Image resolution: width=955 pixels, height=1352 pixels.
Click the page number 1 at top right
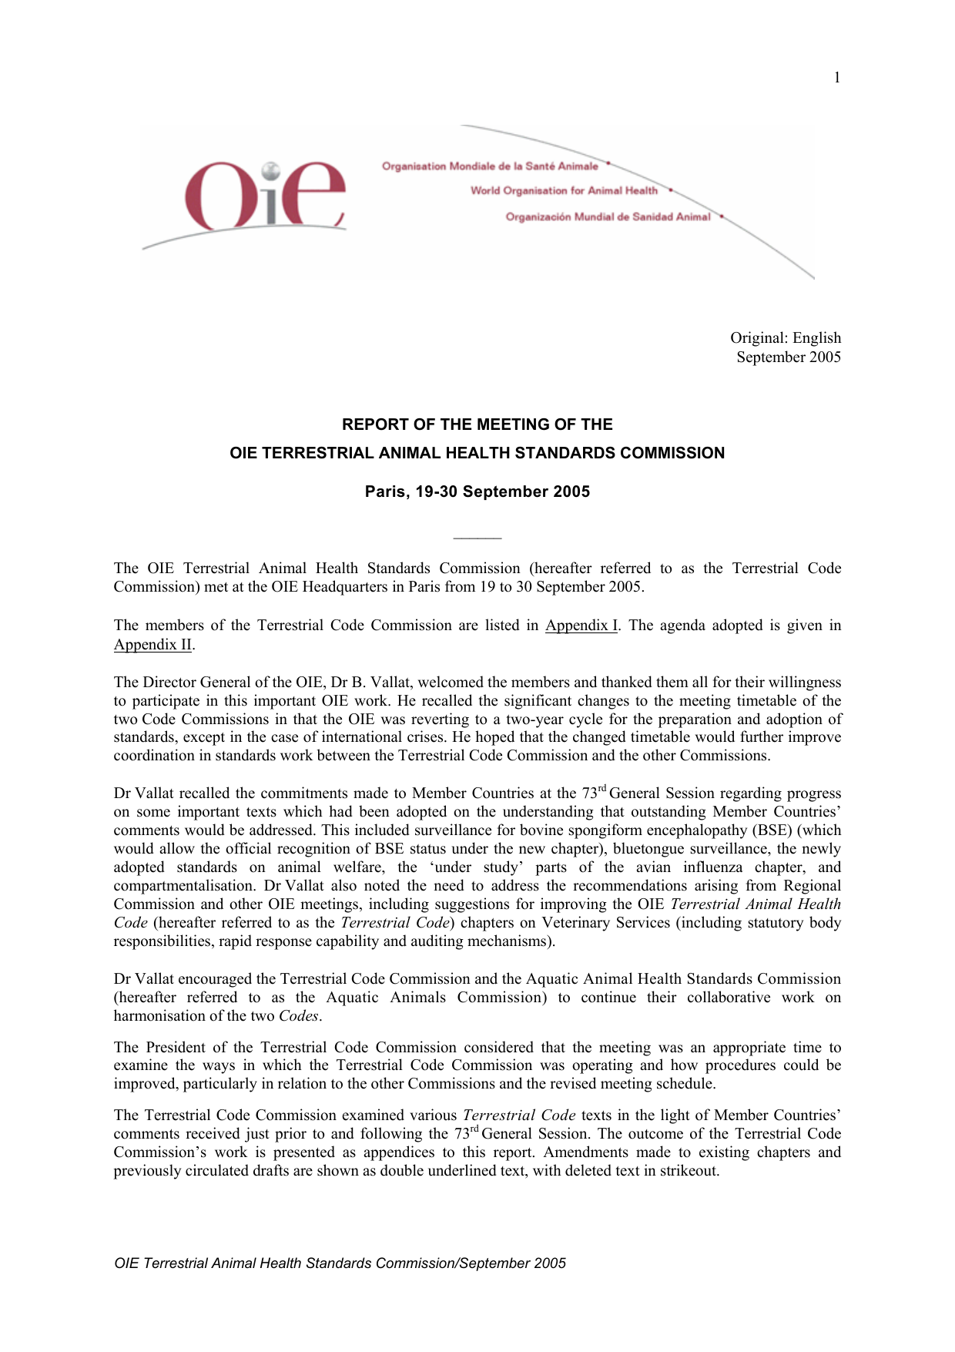click(837, 78)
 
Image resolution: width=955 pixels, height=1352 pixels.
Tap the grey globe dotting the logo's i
click(270, 170)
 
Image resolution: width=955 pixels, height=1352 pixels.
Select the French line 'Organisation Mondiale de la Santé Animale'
click(490, 166)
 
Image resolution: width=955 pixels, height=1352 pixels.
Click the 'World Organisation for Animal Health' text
click(564, 191)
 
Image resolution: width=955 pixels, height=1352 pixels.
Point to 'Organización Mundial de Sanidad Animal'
click(608, 217)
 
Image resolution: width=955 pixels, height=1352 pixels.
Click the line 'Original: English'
click(786, 338)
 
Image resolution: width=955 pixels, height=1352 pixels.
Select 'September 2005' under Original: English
click(789, 357)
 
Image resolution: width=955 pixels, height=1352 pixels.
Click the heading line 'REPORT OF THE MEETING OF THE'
click(477, 424)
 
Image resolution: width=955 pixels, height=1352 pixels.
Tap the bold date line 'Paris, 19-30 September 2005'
click(477, 492)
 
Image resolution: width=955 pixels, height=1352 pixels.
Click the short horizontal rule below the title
click(477, 538)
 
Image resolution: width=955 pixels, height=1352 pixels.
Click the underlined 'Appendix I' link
click(581, 626)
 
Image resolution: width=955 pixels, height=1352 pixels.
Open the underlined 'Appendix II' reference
click(153, 645)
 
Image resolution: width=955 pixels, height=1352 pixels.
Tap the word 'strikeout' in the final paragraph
click(689, 1171)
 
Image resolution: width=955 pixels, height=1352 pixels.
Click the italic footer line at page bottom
click(340, 1263)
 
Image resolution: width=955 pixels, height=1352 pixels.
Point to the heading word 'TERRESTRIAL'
click(317, 454)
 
